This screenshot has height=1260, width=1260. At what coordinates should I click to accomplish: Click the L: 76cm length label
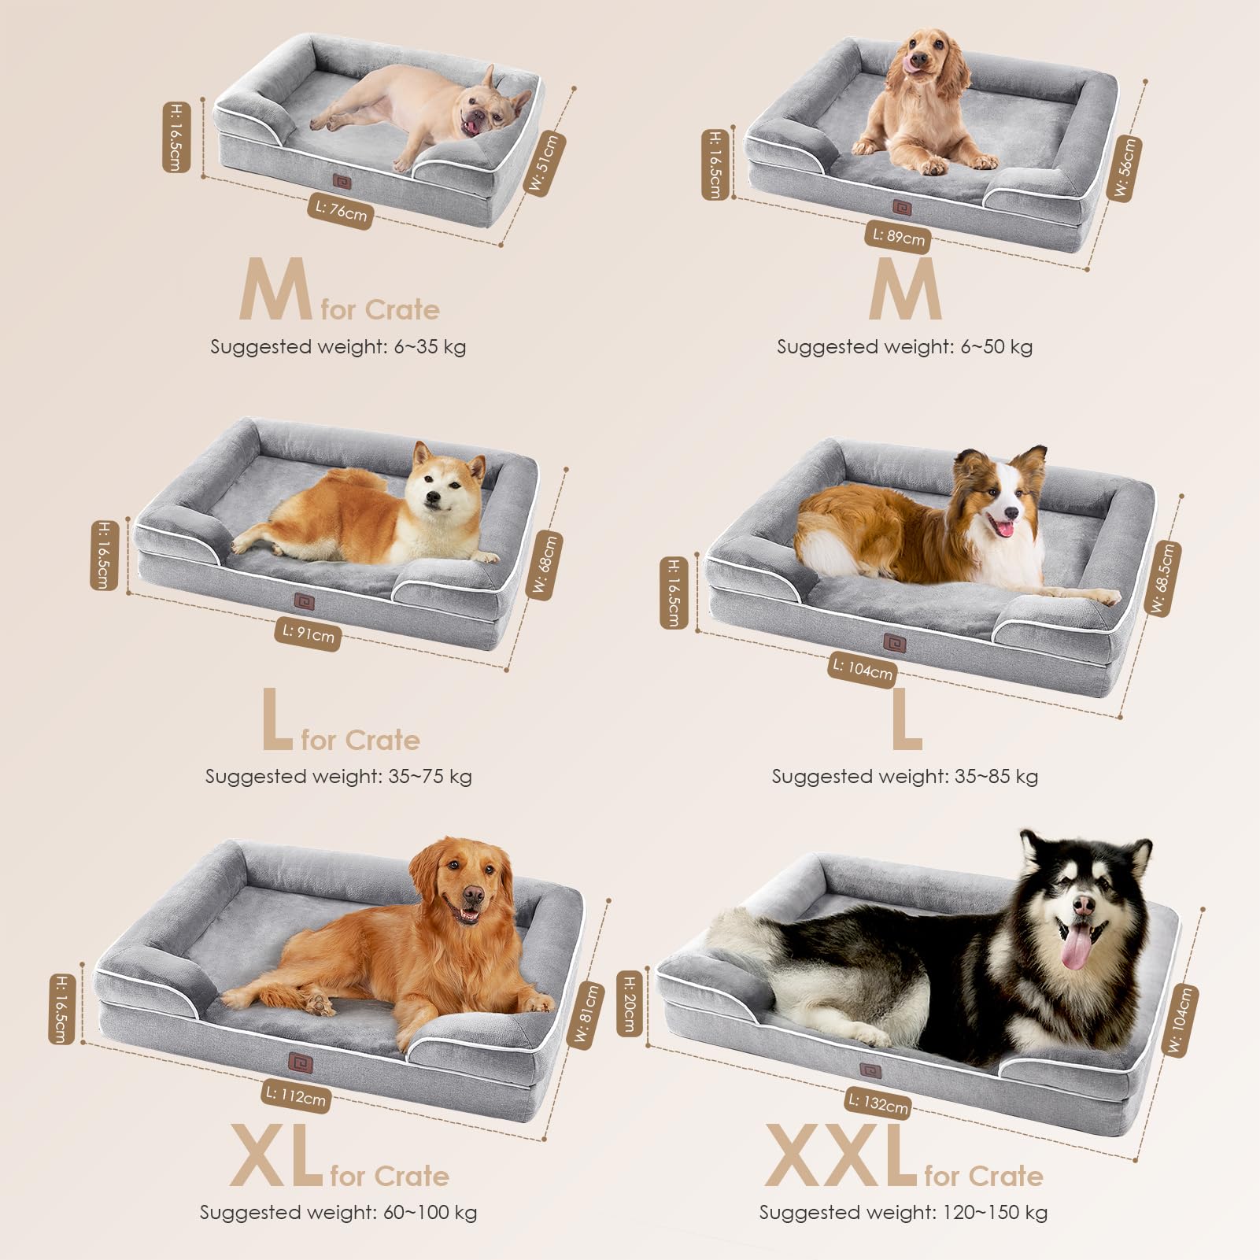341,210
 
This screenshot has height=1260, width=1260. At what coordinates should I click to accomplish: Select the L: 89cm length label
898,235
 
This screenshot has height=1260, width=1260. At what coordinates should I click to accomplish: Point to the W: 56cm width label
1125,168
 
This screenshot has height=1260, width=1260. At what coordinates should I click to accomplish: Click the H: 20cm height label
630,1004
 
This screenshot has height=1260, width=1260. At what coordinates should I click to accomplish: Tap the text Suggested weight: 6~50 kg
904,346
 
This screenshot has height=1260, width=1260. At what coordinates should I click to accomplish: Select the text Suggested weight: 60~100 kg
338,1212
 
